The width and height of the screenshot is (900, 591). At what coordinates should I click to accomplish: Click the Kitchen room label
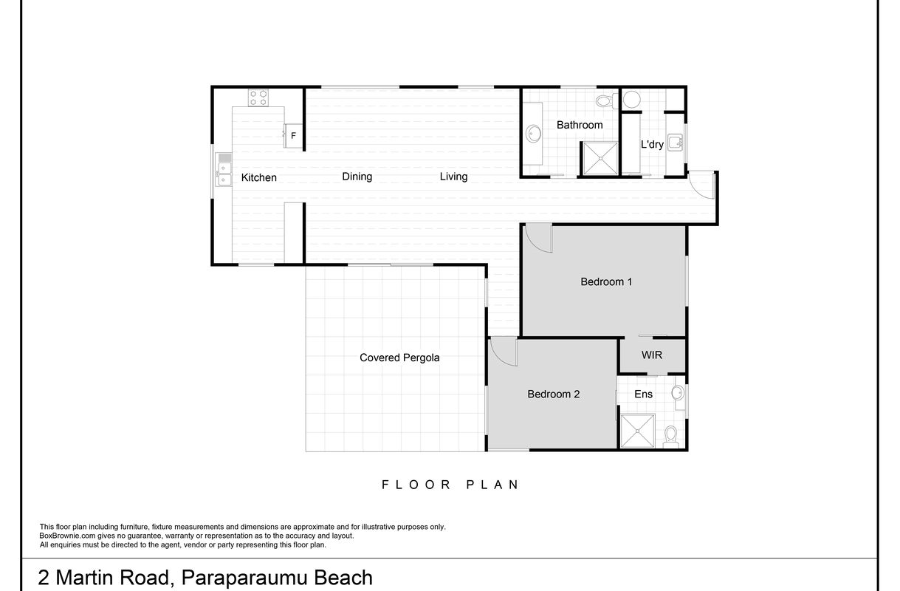click(x=258, y=177)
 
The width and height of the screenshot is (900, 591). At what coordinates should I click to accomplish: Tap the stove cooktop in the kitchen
click(x=258, y=98)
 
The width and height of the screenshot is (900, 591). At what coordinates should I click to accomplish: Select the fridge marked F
click(x=293, y=135)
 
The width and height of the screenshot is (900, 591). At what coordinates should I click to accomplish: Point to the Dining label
click(x=357, y=177)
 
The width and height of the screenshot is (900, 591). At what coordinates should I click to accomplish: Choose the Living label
click(x=453, y=177)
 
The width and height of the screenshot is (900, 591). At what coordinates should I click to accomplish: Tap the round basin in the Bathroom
click(x=533, y=134)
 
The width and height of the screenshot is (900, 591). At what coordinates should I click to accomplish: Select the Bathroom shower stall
click(x=600, y=158)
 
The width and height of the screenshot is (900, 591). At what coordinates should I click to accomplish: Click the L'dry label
click(x=652, y=144)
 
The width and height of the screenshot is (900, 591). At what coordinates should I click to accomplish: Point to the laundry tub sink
click(x=675, y=143)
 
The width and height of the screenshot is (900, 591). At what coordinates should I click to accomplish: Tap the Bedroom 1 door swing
click(x=539, y=239)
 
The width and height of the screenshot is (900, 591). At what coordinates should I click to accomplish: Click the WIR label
click(x=652, y=355)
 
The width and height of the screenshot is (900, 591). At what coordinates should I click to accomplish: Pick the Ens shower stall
click(x=638, y=431)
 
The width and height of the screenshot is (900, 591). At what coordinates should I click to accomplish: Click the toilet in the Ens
click(x=670, y=437)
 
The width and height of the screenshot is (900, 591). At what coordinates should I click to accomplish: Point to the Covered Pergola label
click(x=399, y=358)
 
